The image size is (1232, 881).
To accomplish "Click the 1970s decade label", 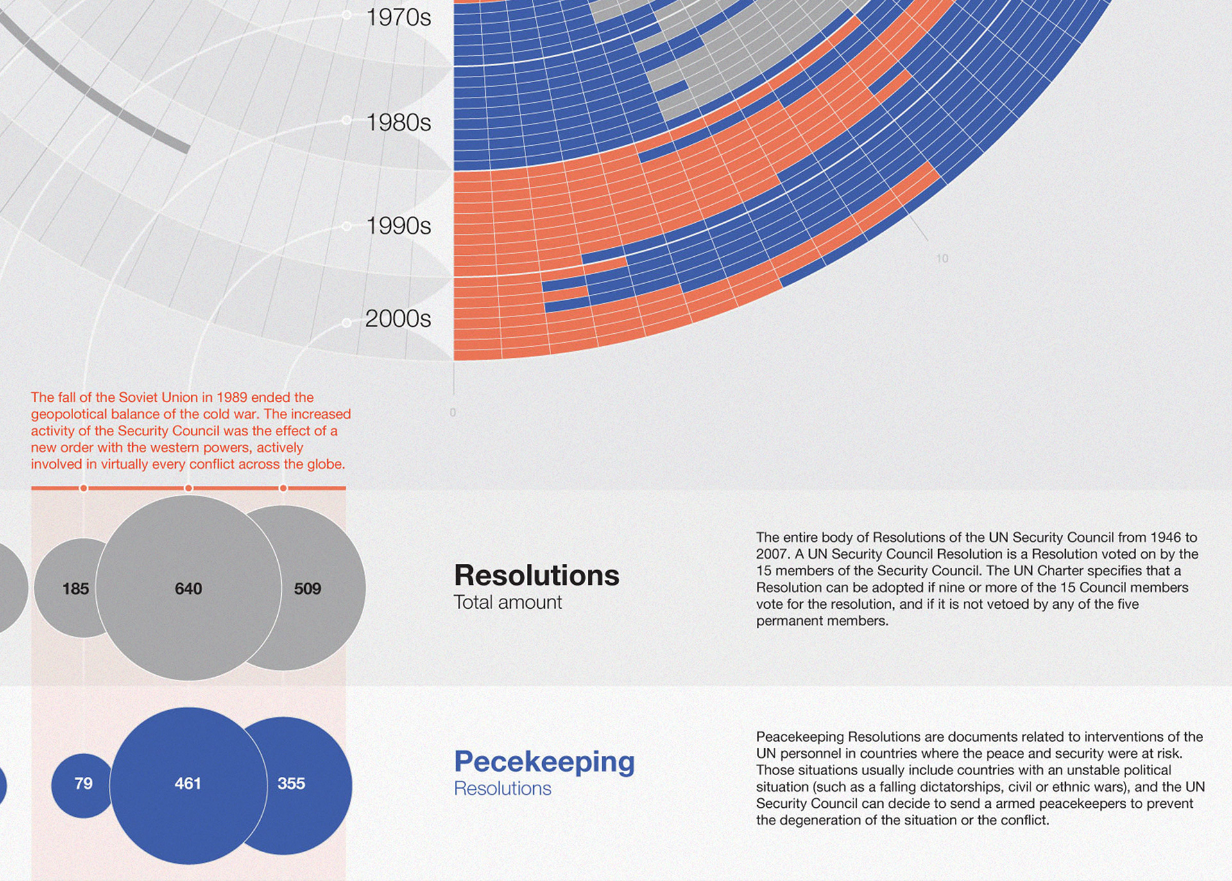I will point(398,17).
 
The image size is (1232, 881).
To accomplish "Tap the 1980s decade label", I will point(398,122).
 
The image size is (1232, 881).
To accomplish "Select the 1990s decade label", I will point(398,225).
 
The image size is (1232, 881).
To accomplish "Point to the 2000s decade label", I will point(398,318).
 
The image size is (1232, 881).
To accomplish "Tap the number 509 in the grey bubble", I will point(307,588).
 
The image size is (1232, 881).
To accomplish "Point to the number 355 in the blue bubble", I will point(291,783).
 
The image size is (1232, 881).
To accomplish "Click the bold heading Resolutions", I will point(536,575).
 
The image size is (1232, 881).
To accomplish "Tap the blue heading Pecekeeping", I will point(544,762).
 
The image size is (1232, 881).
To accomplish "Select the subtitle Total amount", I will point(508,602).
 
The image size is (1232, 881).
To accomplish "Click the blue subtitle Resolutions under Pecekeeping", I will point(502,789).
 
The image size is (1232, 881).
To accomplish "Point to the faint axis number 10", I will point(942,259).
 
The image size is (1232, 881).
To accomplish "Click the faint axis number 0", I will point(453,412).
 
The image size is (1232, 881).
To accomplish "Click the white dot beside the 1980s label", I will point(346,120).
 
